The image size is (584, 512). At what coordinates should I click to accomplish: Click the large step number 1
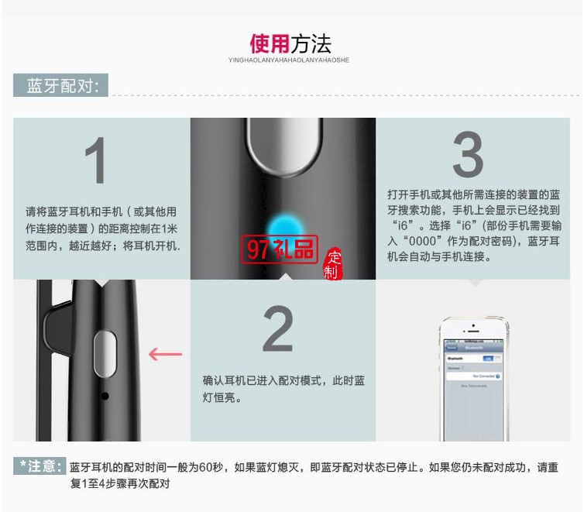[x=95, y=161]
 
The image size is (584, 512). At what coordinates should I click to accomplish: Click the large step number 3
[x=467, y=155]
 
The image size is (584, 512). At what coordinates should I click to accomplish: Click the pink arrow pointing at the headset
[x=165, y=355]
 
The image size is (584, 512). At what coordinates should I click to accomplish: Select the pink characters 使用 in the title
[x=269, y=43]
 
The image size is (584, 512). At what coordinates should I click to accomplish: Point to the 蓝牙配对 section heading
[x=60, y=86]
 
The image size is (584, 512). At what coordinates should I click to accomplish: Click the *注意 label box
[x=40, y=466]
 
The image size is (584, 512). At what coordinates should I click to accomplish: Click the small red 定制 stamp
[x=333, y=265]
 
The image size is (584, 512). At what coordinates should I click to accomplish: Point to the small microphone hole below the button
[x=104, y=396]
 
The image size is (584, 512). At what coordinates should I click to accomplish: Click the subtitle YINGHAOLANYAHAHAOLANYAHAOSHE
[x=289, y=60]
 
